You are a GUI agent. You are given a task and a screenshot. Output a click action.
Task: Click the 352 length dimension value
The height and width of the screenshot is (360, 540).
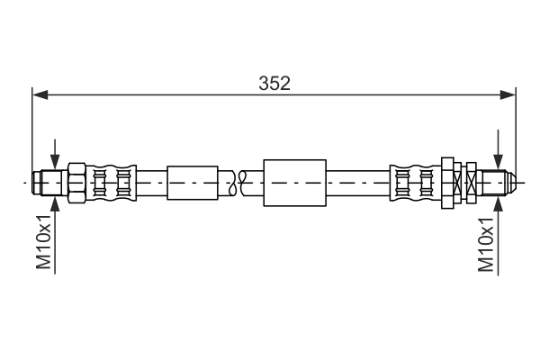pos(274,83)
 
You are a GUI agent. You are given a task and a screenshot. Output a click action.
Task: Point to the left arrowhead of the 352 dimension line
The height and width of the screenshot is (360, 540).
pos(38,94)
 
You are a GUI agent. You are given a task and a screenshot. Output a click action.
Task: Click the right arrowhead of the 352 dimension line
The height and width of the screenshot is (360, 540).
pos(510,94)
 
